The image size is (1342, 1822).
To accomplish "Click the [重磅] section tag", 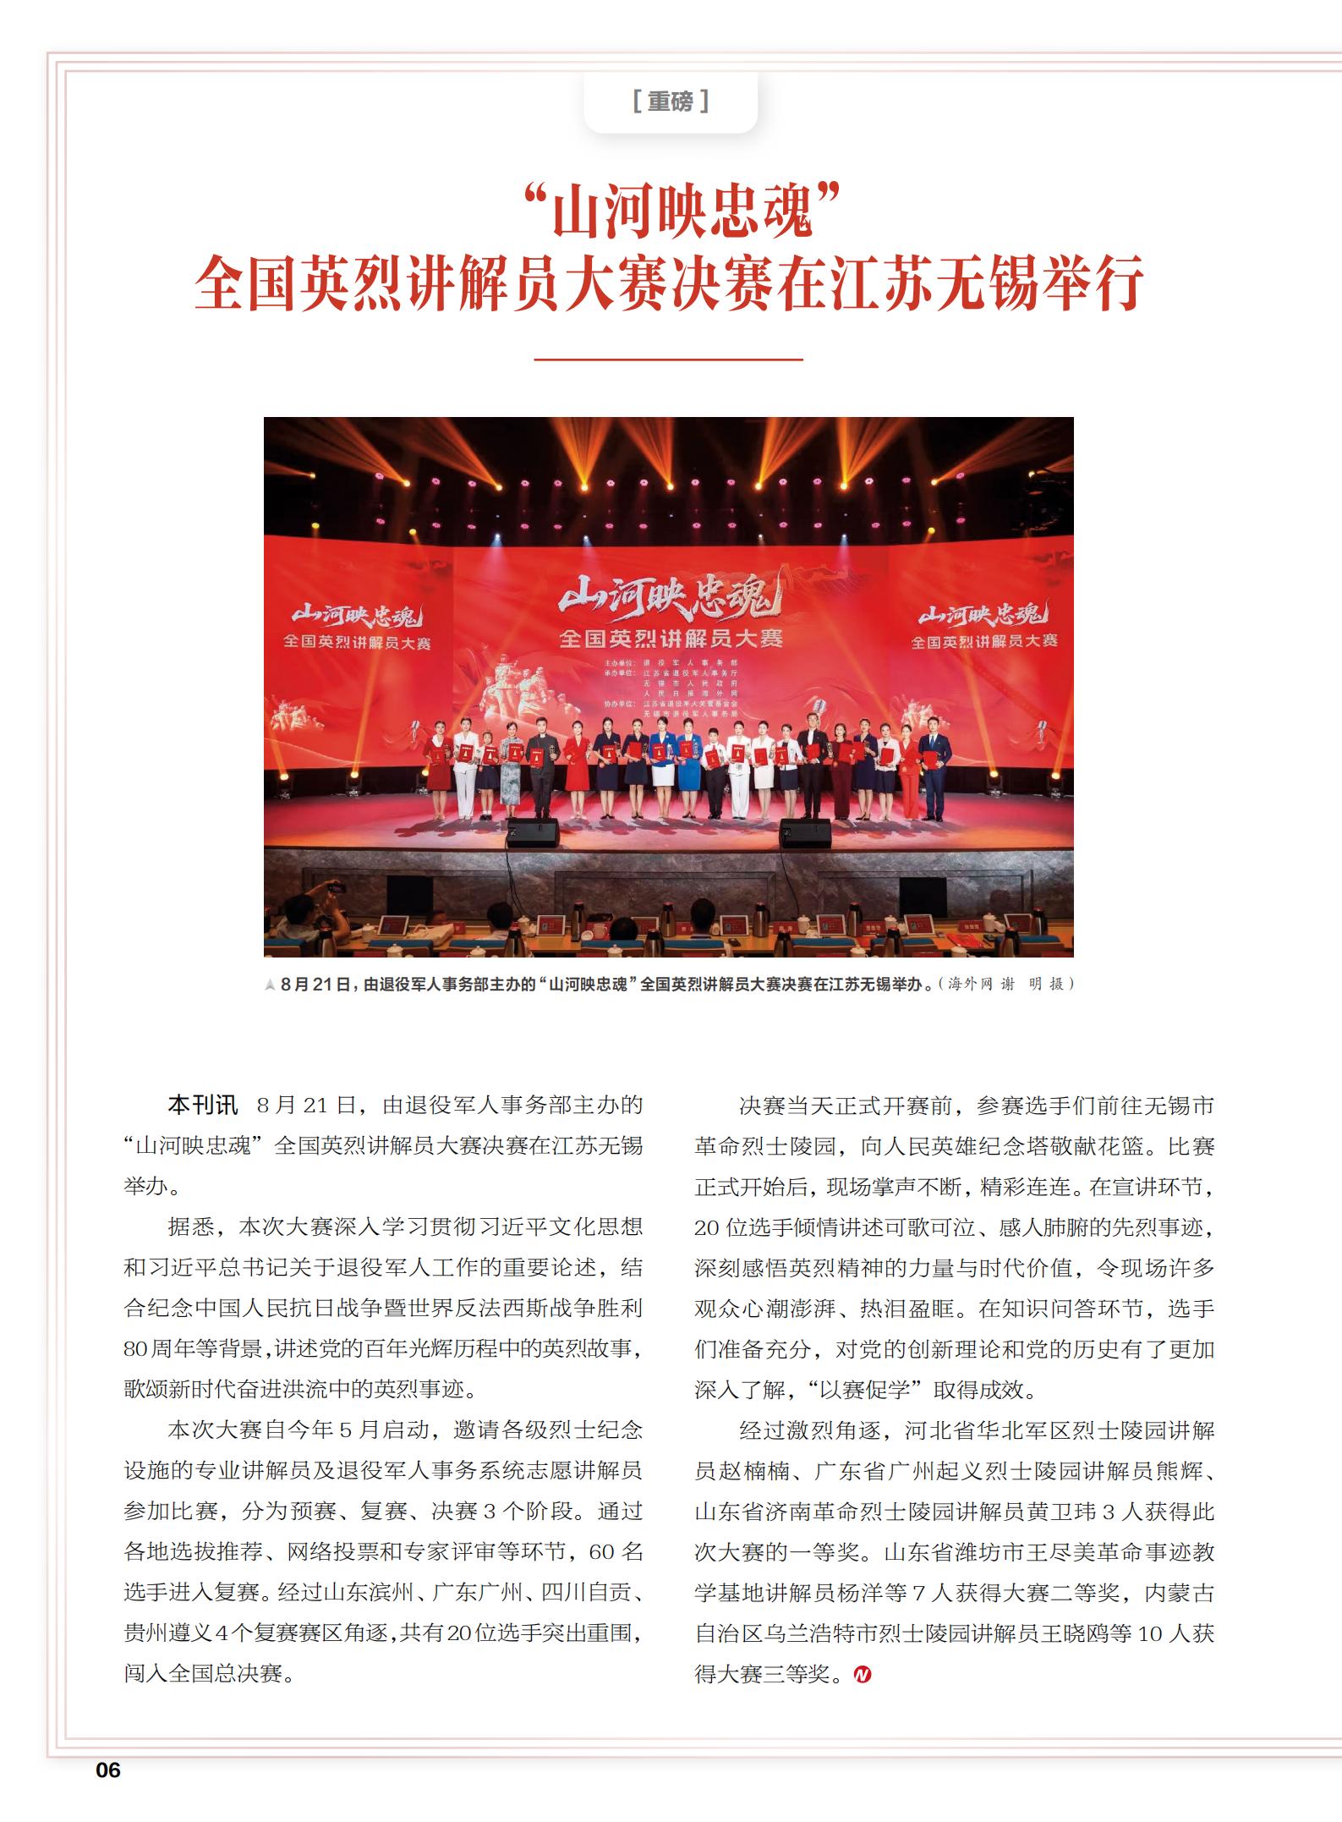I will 670,102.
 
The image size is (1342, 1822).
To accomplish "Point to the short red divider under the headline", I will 668,359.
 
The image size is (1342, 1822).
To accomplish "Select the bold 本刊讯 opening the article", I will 203,1105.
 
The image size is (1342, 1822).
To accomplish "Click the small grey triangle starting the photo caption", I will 270,985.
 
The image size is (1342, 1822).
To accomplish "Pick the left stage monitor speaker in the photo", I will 533,832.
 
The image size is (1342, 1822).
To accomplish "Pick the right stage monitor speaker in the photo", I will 804,832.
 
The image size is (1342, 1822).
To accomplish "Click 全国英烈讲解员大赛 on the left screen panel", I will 357,642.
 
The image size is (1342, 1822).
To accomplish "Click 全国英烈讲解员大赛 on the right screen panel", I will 983,641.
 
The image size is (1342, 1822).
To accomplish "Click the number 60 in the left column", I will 601,1551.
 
